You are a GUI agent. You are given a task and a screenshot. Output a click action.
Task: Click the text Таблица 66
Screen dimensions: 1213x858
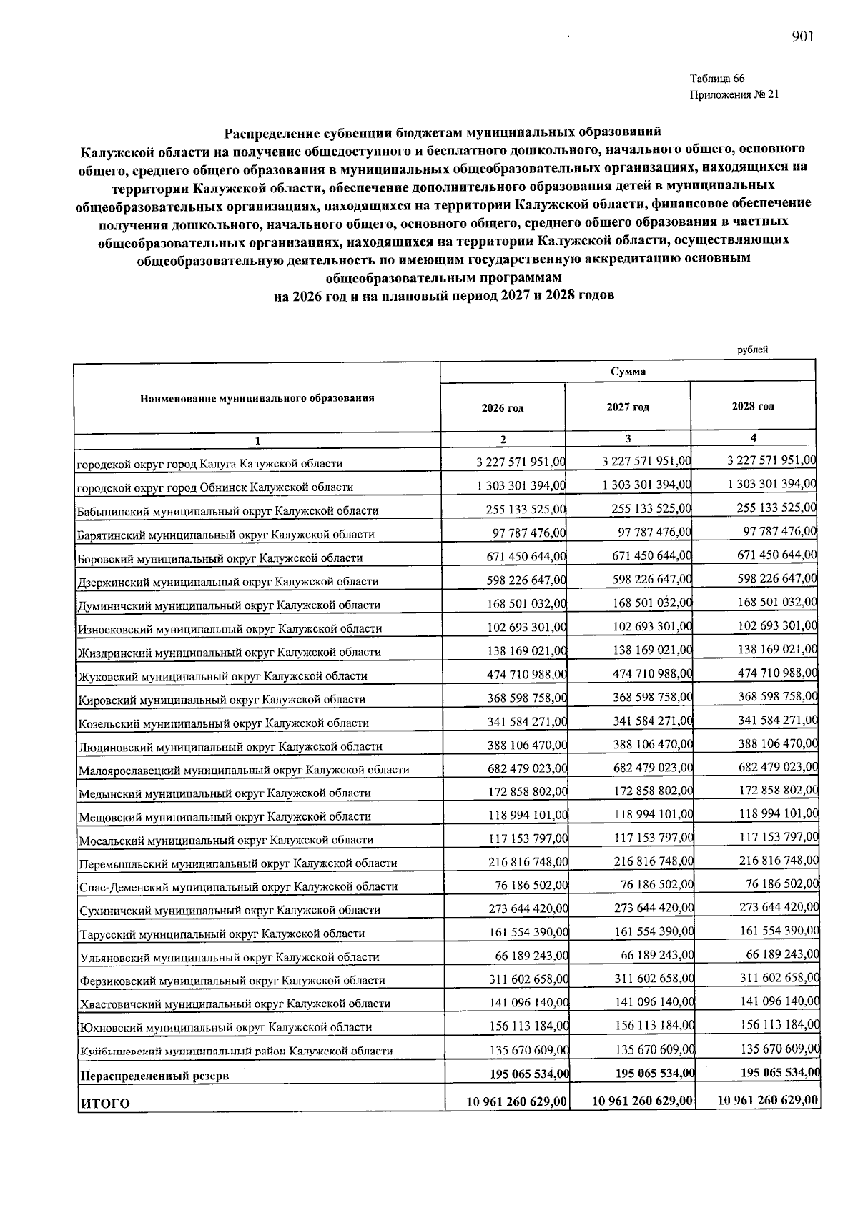(x=717, y=79)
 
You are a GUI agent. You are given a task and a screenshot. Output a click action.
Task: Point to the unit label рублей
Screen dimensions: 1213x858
(x=752, y=350)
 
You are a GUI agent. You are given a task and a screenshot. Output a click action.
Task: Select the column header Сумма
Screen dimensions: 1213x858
(x=628, y=371)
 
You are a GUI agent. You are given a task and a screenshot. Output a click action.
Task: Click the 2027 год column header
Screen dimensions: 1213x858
(x=628, y=407)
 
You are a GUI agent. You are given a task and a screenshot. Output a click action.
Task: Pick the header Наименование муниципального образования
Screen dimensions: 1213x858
(x=257, y=398)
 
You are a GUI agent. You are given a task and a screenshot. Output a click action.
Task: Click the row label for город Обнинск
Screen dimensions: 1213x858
(x=215, y=487)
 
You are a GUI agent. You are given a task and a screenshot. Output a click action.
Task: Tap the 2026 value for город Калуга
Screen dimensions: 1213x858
(x=521, y=462)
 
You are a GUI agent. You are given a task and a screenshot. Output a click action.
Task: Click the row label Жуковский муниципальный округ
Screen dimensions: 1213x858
(x=222, y=675)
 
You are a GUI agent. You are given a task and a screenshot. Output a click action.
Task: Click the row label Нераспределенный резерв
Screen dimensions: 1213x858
(x=154, y=1075)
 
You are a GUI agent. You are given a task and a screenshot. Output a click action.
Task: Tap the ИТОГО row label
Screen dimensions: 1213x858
(x=105, y=1103)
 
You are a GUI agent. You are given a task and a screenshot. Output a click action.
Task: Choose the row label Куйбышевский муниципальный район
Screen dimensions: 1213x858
(x=236, y=1051)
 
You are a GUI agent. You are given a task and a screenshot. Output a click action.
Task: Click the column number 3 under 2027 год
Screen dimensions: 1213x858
(x=628, y=438)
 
